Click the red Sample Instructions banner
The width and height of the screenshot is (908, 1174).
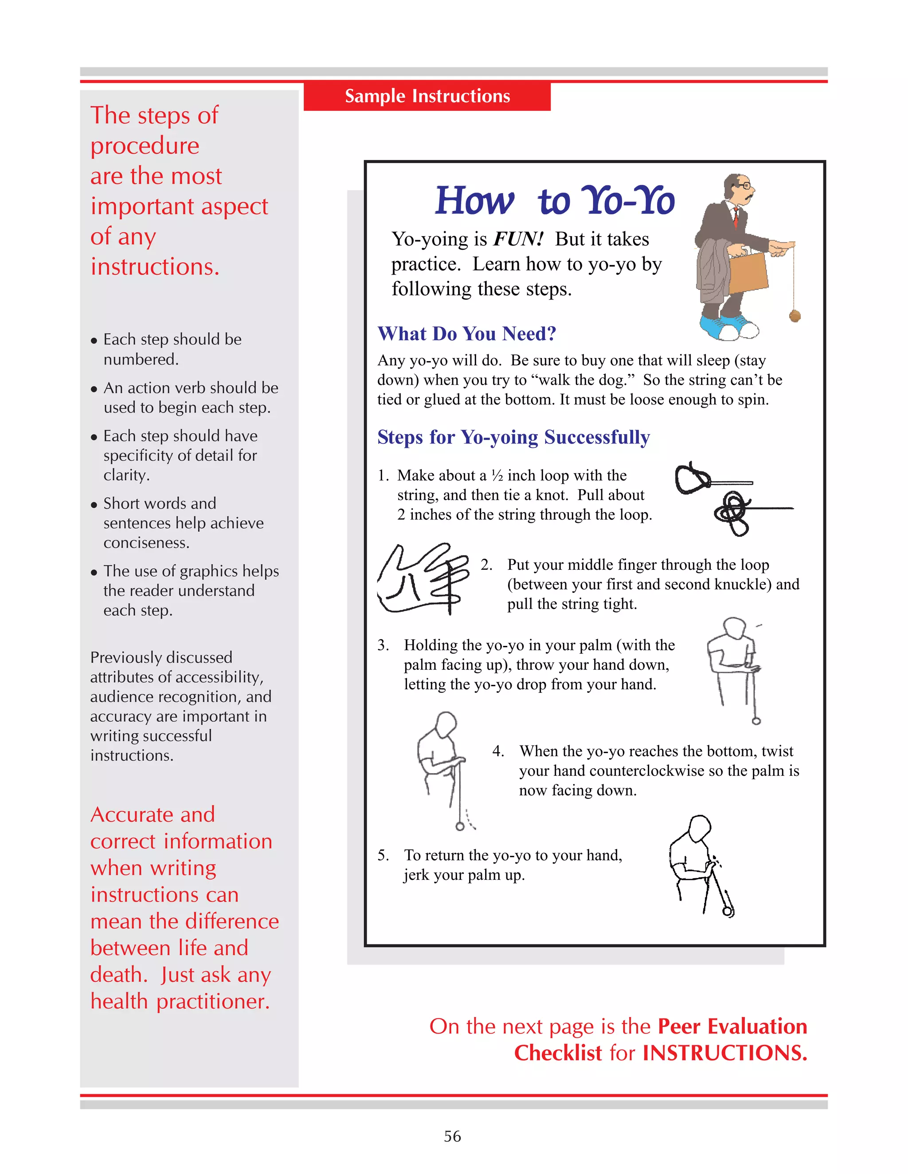tap(427, 96)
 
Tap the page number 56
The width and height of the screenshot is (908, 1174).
tap(452, 1136)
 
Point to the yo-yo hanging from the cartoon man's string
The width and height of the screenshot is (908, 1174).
tap(794, 315)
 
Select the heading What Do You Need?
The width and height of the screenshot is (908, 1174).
tap(466, 334)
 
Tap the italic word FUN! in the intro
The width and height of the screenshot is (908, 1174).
tap(518, 239)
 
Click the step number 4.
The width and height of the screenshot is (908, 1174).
tap(497, 751)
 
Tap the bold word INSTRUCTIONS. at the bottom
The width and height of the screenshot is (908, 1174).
tap(724, 1053)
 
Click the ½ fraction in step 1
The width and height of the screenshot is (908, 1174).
tap(497, 476)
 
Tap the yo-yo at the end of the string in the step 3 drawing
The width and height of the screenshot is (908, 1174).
tap(756, 721)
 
